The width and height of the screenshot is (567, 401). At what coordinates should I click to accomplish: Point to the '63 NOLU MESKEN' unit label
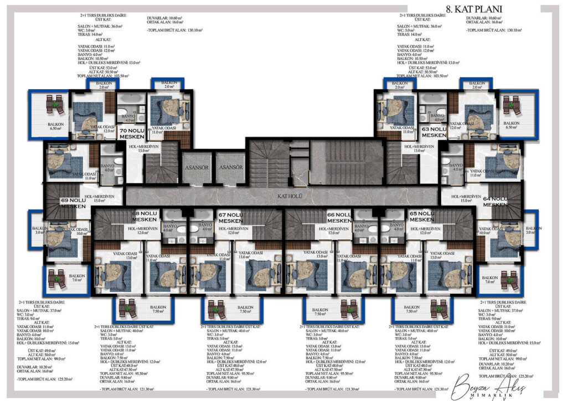click(x=434, y=132)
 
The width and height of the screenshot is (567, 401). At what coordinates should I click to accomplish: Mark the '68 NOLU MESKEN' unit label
click(x=145, y=215)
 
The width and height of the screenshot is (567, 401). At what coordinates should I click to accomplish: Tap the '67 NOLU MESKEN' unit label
click(x=231, y=217)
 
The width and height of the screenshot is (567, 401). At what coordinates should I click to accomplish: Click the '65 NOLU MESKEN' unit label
click(x=422, y=216)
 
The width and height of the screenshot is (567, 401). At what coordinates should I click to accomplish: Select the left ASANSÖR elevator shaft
click(x=197, y=167)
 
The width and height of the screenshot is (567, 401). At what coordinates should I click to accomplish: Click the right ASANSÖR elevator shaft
click(x=230, y=167)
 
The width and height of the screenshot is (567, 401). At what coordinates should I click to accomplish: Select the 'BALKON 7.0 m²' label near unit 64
click(x=489, y=280)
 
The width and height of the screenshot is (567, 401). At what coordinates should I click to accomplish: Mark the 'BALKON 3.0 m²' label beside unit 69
click(x=39, y=230)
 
